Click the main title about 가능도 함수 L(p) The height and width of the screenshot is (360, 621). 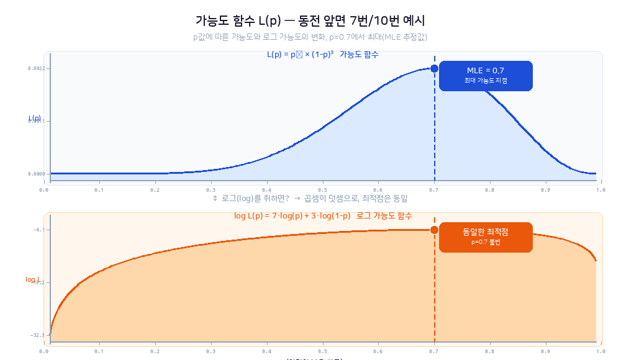pyautogui.click(x=310, y=20)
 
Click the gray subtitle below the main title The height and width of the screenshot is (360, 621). pyautogui.click(x=310, y=37)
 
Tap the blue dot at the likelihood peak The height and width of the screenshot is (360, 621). pyautogui.click(x=434, y=68)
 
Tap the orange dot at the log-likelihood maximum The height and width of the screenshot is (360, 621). pyautogui.click(x=434, y=230)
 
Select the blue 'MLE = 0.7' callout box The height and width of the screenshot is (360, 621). pyautogui.click(x=486, y=76)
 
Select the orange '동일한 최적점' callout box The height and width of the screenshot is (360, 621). pyautogui.click(x=486, y=237)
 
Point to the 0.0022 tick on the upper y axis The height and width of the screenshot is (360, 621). pyautogui.click(x=36, y=68)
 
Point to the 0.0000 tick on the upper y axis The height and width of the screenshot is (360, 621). pyautogui.click(x=36, y=174)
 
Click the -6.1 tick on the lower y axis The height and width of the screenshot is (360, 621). pyautogui.click(x=39, y=230)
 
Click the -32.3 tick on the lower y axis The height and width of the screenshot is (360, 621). pyautogui.click(x=37, y=335)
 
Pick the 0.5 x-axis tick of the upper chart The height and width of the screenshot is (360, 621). pyautogui.click(x=322, y=189)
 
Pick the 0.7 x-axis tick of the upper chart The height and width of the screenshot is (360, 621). pyautogui.click(x=434, y=189)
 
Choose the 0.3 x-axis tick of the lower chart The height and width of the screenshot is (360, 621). pyautogui.click(x=211, y=351)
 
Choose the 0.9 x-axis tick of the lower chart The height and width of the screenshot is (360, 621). pyautogui.click(x=546, y=351)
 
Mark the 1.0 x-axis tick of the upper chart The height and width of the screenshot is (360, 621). pyautogui.click(x=601, y=189)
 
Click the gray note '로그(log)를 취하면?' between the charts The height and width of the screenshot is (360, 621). pyautogui.click(x=310, y=199)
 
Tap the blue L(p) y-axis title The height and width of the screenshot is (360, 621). pyautogui.click(x=34, y=118)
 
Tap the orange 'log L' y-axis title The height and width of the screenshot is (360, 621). pyautogui.click(x=32, y=279)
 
